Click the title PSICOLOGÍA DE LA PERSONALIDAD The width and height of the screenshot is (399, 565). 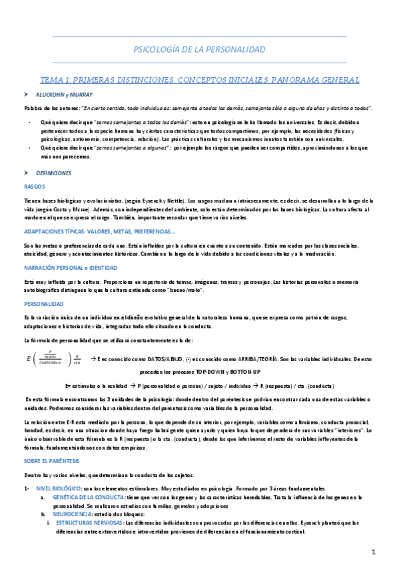click(199, 49)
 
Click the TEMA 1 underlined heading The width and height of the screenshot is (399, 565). click(200, 79)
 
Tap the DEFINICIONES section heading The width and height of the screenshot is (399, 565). click(54, 173)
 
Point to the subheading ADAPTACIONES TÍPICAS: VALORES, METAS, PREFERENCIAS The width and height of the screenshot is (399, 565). click(99, 232)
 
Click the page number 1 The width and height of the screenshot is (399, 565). click(374, 552)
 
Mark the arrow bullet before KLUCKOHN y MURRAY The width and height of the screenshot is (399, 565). click(25, 95)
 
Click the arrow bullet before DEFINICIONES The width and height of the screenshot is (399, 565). click(25, 173)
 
